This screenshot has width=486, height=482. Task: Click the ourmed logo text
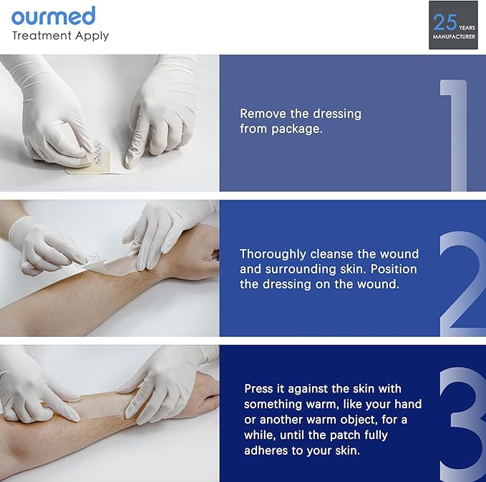tap(53, 16)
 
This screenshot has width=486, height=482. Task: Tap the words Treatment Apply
tap(60, 36)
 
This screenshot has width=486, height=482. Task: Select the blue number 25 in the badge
tap(445, 22)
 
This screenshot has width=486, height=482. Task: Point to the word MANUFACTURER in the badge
tap(454, 36)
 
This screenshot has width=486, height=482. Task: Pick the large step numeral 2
tap(462, 284)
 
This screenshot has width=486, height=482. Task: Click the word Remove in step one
tap(263, 114)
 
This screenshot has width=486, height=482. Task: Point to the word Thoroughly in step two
tap(273, 255)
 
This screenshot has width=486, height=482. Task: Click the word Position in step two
tap(394, 269)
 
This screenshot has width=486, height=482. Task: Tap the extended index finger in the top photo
tap(137, 147)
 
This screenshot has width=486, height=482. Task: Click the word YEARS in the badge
tap(467, 28)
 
